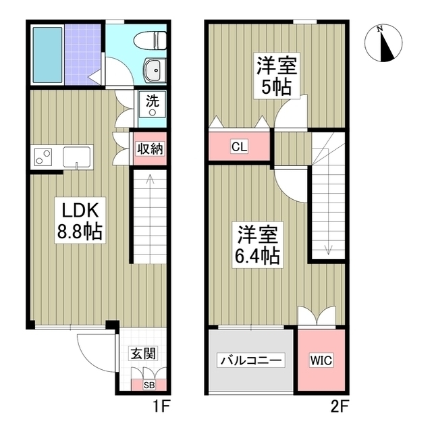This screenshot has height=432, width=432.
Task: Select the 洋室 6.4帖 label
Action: (258, 245)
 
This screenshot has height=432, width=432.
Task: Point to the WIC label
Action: (321, 360)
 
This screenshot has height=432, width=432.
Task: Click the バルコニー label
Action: (251, 360)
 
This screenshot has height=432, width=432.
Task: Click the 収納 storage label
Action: (148, 149)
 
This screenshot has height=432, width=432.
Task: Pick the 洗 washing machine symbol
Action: (153, 106)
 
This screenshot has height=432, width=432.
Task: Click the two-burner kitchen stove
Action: (44, 157)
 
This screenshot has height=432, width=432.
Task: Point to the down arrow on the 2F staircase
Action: (328, 248)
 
